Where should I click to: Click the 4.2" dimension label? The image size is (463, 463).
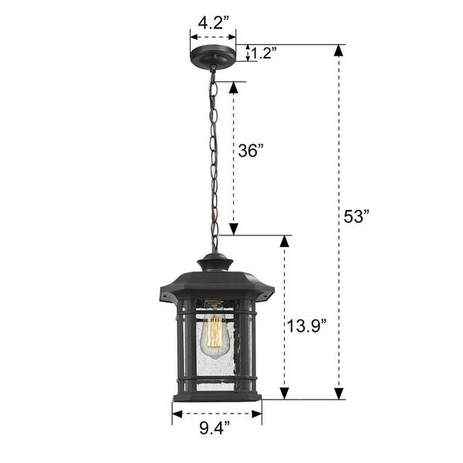[x=213, y=22]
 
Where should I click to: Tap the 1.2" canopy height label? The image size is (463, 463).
[x=264, y=53]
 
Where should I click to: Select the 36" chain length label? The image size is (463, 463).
[x=250, y=150]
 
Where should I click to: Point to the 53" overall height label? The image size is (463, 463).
[x=357, y=216]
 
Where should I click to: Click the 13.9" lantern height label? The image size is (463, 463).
[x=306, y=326]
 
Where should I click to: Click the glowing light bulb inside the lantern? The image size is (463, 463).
[x=215, y=336]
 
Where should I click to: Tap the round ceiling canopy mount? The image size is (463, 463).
[x=213, y=55]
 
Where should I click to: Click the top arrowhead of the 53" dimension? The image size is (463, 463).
[x=339, y=50]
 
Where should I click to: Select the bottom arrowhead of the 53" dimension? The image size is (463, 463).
[x=339, y=394]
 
